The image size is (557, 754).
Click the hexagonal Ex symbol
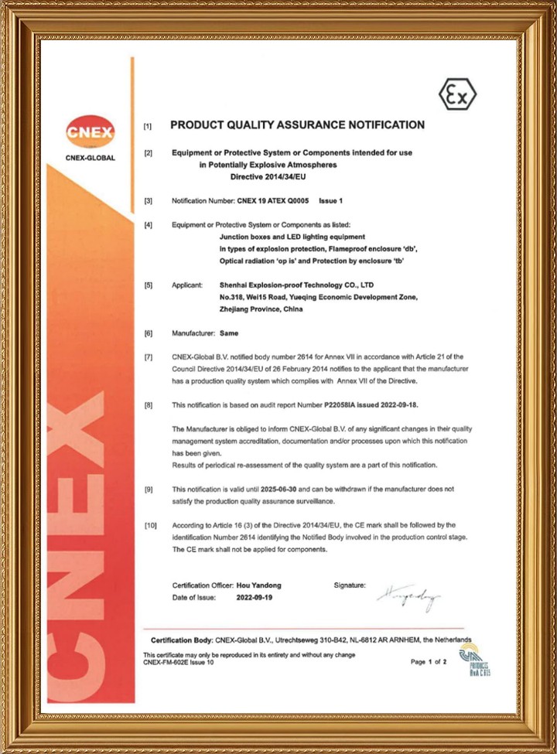pos(457,94)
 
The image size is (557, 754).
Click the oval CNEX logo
pos(90,131)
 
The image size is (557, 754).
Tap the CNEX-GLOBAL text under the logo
pos(90,158)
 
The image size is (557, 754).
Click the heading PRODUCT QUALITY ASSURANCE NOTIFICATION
pos(297,125)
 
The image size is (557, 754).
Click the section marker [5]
pos(148,285)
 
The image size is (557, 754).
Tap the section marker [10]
pos(149,525)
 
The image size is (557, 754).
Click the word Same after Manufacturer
pos(229,333)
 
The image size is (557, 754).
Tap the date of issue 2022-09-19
pos(254,598)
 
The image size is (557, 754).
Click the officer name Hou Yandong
pos(259,585)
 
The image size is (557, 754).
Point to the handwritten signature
pos(408,597)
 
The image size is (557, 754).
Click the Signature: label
pos(350,585)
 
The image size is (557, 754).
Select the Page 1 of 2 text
pos(429,662)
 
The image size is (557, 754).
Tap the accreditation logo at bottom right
pos(470,660)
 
